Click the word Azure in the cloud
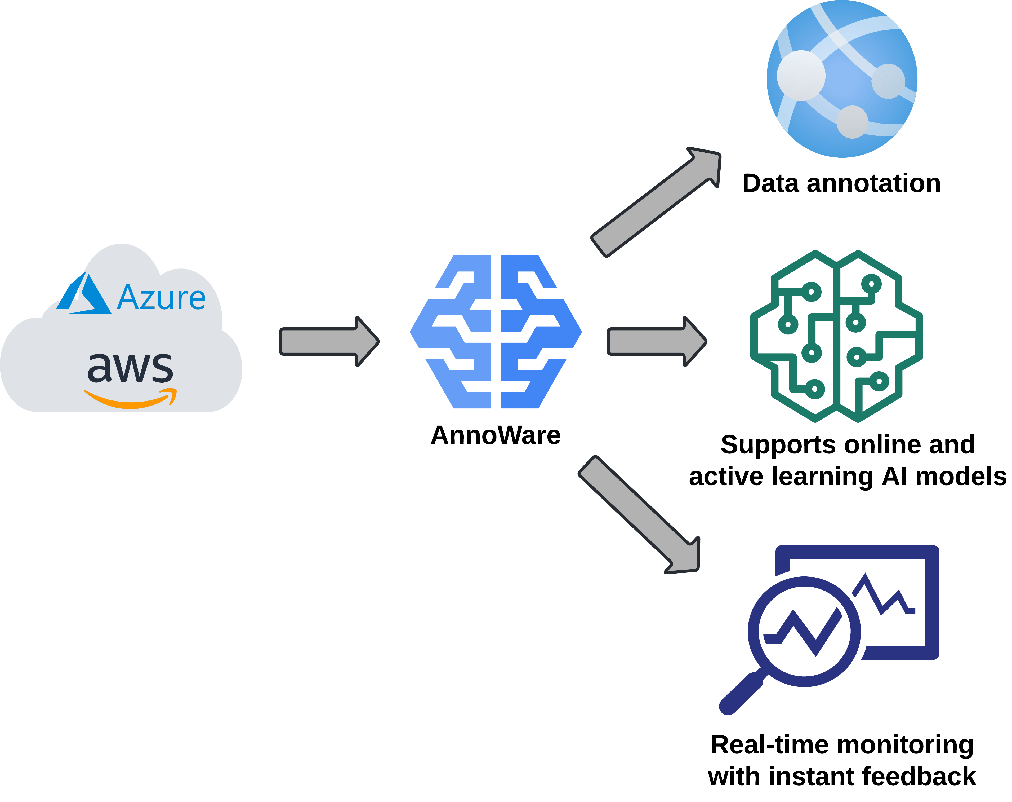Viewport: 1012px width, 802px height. tap(161, 297)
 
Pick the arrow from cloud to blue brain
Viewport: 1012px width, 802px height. tap(328, 341)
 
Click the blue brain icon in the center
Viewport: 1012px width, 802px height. tap(496, 332)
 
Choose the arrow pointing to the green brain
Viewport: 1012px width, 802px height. tap(656, 341)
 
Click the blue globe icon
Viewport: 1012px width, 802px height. tap(842, 79)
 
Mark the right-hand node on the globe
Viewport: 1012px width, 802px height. tap(888, 81)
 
